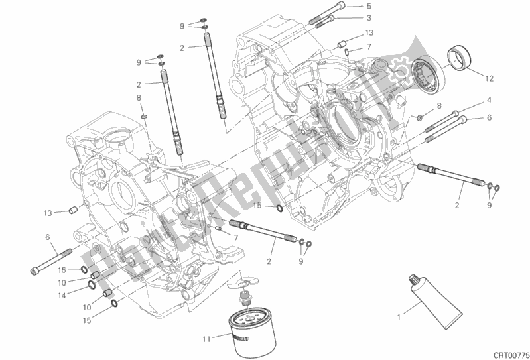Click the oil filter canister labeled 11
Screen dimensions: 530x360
click(252, 333)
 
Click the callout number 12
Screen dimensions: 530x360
click(489, 78)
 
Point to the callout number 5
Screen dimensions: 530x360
click(369, 6)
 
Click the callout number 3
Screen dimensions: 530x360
click(369, 17)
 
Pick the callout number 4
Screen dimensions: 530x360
click(489, 100)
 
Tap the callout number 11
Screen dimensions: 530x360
click(206, 339)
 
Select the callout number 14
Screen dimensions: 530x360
click(62, 296)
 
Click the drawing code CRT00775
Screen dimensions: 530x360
click(511, 355)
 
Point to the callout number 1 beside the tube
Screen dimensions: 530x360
click(399, 317)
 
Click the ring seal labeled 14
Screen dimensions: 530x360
click(92, 286)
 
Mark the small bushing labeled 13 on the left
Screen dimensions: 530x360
click(73, 210)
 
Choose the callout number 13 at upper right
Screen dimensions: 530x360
click(369, 32)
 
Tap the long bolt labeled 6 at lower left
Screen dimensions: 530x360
click(51, 262)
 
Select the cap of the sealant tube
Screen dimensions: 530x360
click(413, 280)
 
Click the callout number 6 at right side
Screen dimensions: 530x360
click(489, 117)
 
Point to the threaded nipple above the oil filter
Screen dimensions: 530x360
click(243, 297)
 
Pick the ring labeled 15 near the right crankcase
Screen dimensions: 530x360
click(281, 209)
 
